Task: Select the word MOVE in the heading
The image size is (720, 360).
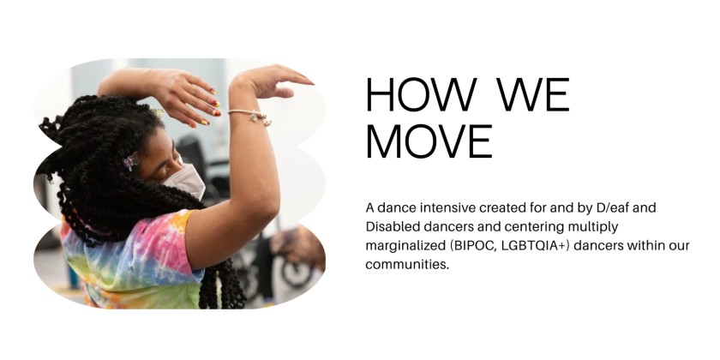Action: [x=429, y=141]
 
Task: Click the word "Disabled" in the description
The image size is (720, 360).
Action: [x=392, y=227]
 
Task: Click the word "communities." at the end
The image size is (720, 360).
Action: [x=407, y=265]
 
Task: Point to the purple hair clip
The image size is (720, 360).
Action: [x=130, y=160]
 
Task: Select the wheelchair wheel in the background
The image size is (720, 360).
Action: [x=296, y=266]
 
